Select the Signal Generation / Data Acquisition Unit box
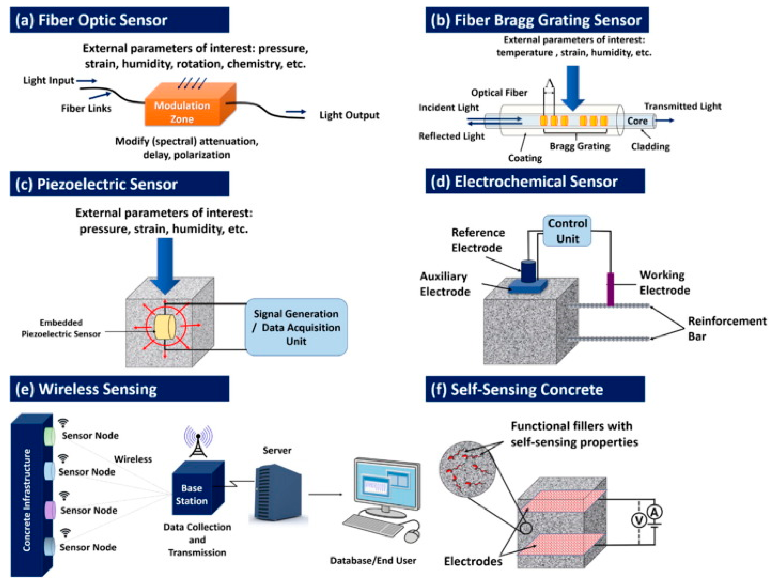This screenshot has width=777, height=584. (296, 327)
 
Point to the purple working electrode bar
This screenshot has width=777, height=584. (611, 289)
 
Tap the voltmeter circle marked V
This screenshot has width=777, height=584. (639, 521)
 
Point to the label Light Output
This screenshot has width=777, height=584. (349, 115)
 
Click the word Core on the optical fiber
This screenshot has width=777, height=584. (637, 121)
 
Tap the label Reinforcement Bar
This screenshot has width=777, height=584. (727, 328)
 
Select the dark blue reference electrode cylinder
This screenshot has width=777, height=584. (528, 271)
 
